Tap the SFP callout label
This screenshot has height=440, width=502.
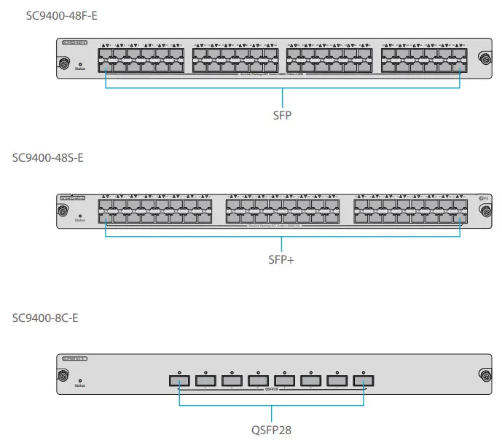[x=281, y=115]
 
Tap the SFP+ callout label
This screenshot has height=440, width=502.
[x=281, y=259]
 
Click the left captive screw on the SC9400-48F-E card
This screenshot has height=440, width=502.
[x=63, y=65]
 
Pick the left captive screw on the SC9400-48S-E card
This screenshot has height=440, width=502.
[x=63, y=213]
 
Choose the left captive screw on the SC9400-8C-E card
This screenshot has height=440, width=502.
[x=63, y=377]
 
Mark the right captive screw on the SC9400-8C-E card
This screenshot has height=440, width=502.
[x=484, y=377]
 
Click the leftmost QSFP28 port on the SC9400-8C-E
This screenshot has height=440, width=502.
[x=179, y=380]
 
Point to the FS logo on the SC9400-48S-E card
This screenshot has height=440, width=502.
[x=482, y=198]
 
